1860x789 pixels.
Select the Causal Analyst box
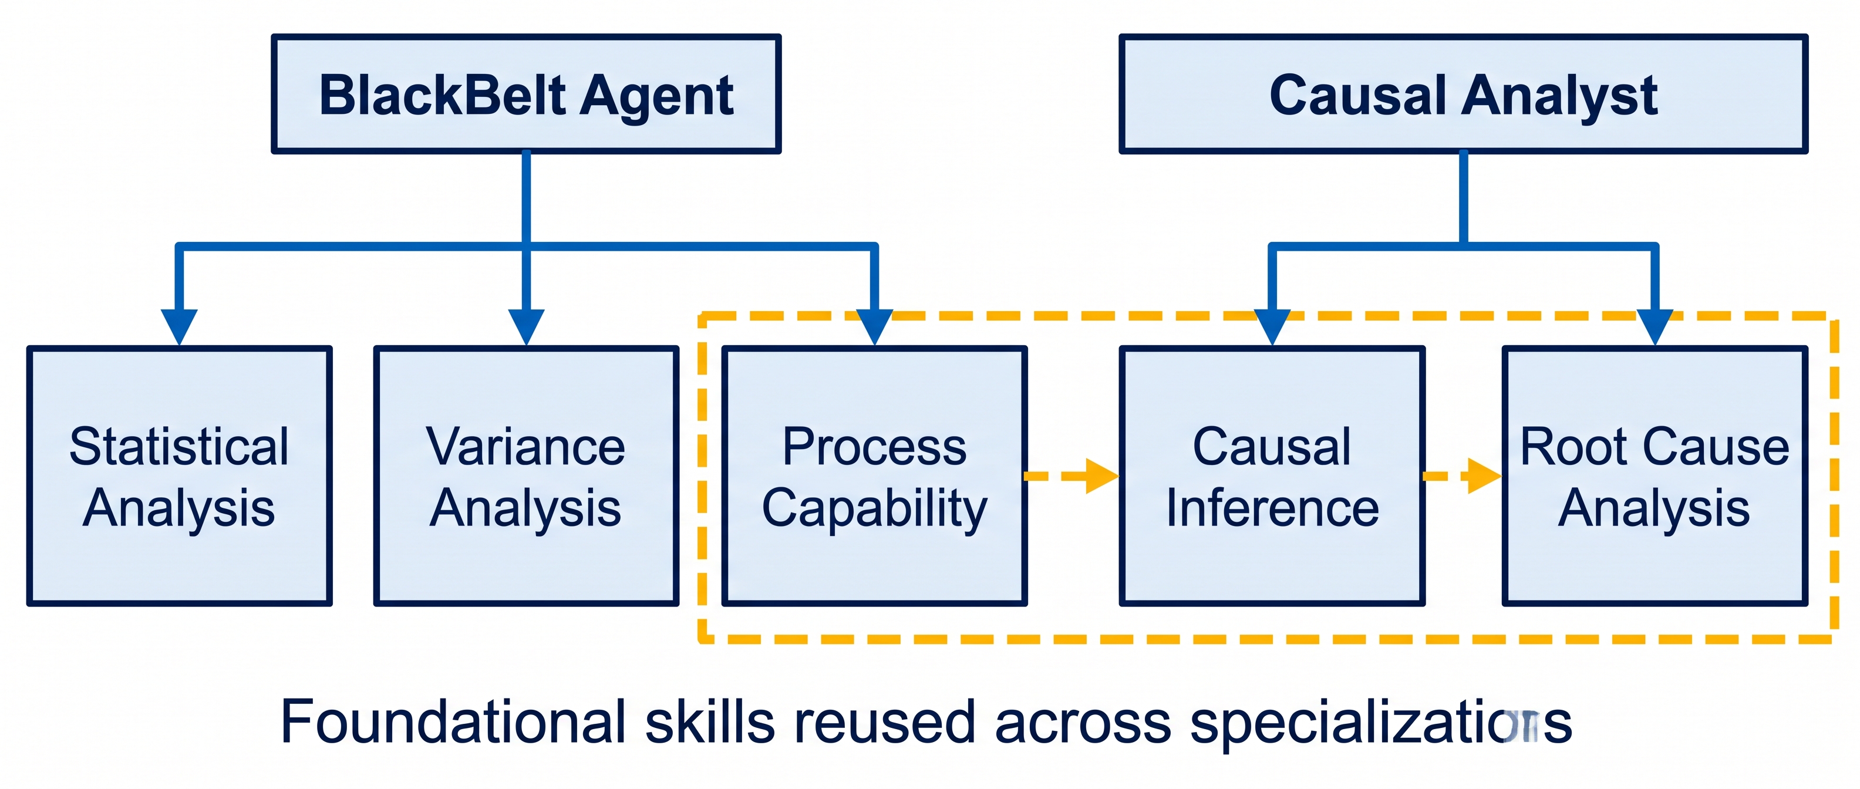pyautogui.click(x=1463, y=94)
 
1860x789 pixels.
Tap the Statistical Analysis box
pyautogui.click(x=179, y=476)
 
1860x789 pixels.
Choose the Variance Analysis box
pyautogui.click(x=527, y=476)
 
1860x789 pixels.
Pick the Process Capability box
pyautogui.click(x=874, y=476)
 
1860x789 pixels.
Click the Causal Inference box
pyautogui.click(x=1272, y=476)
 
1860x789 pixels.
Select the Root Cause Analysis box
pyautogui.click(x=1655, y=476)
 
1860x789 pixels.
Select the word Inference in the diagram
pyautogui.click(x=1272, y=507)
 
